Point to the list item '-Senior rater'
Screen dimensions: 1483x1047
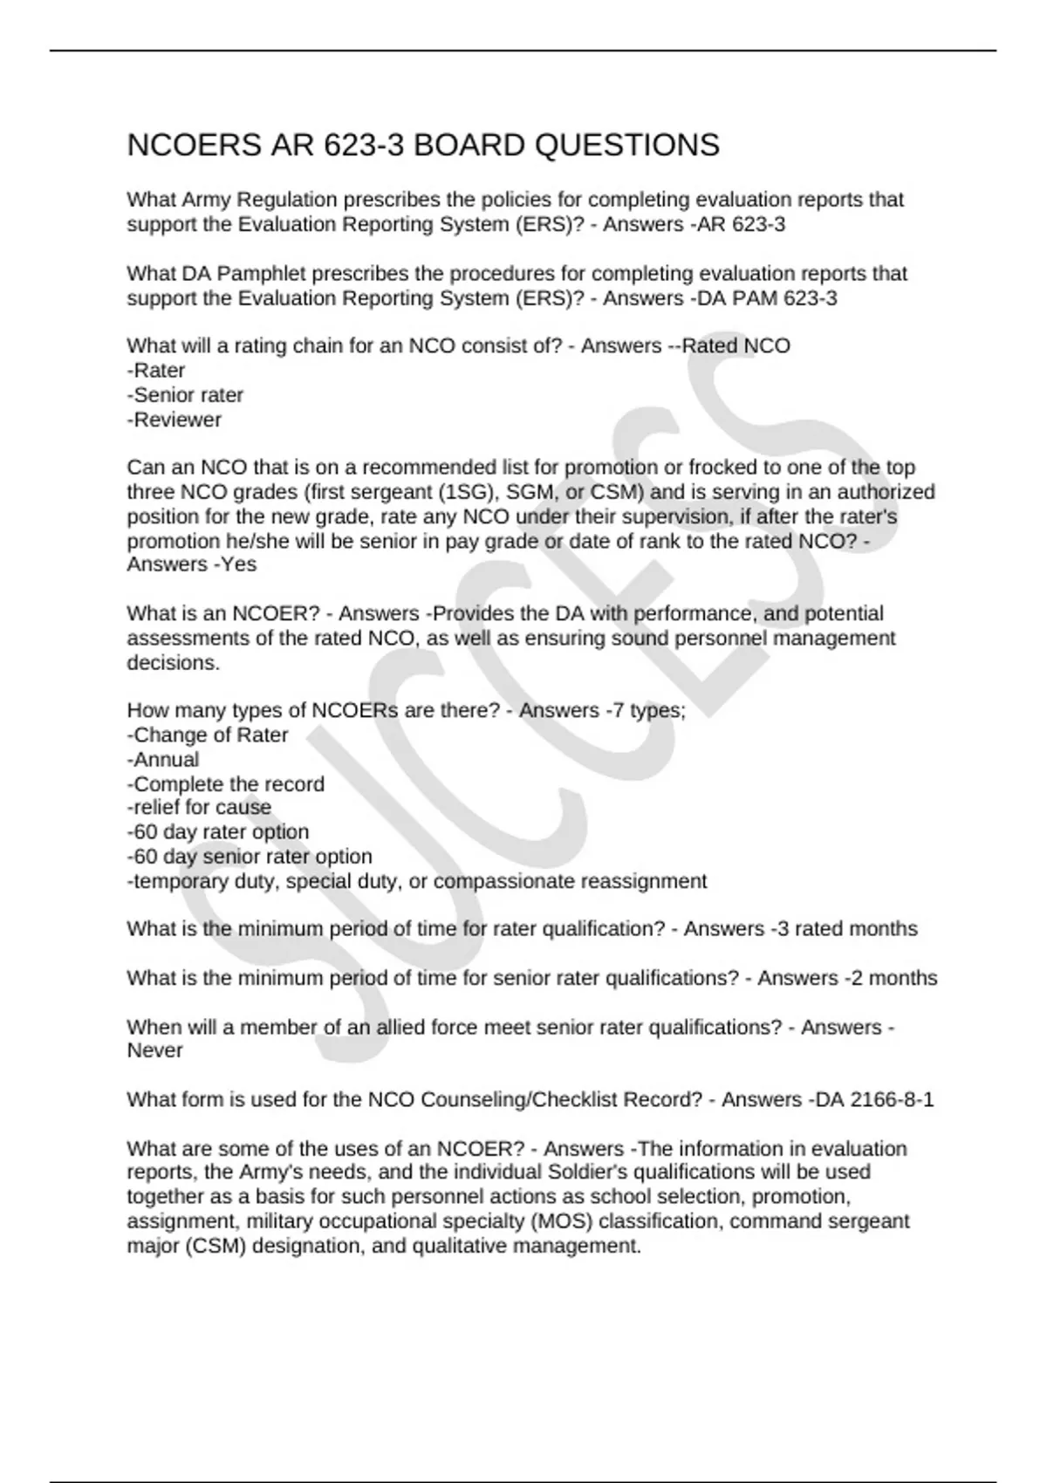click(x=185, y=395)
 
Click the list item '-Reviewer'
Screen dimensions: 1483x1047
click(x=174, y=420)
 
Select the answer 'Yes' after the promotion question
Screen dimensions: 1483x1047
click(x=238, y=564)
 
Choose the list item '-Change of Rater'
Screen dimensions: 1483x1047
click(x=208, y=735)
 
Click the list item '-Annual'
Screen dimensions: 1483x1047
click(x=163, y=760)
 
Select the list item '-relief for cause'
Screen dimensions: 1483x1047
click(x=199, y=808)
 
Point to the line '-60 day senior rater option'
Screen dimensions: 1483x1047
click(x=250, y=857)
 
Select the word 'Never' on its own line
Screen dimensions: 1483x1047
click(x=154, y=1051)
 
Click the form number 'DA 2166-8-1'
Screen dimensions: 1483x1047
click(x=873, y=1100)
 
